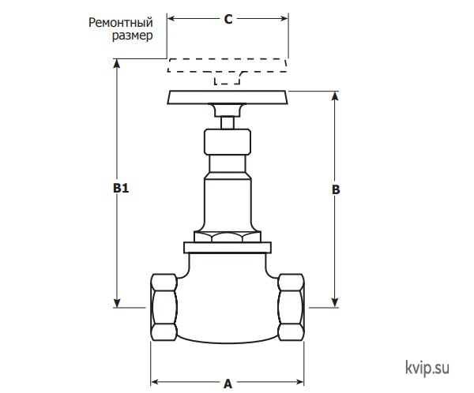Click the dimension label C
(x=228, y=19)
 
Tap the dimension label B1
(x=121, y=188)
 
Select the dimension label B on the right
(x=336, y=189)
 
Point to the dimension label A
(x=228, y=384)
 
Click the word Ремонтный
(x=121, y=23)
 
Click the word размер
(x=133, y=36)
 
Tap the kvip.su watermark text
(x=427, y=369)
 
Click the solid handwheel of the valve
(x=228, y=97)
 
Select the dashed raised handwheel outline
(x=228, y=65)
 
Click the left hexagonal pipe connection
(x=164, y=307)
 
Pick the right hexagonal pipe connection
(x=291, y=307)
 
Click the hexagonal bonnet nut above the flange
(x=228, y=237)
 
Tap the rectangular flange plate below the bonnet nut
(x=228, y=247)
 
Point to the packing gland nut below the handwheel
(x=228, y=142)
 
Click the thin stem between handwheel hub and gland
(x=228, y=122)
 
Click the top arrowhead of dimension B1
(x=117, y=63)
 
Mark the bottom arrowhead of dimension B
(x=335, y=303)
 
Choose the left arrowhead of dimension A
(x=155, y=382)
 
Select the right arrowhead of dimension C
(x=284, y=18)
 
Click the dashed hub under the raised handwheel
(x=227, y=79)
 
